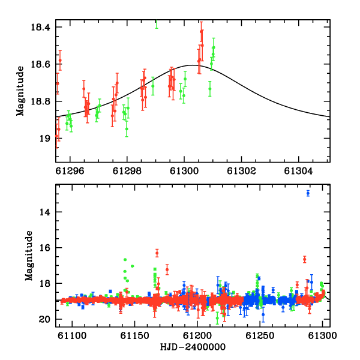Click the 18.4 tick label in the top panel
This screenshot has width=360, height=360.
pos(40,27)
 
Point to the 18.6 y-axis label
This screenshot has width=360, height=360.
pos(40,64)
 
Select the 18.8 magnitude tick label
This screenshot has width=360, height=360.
pos(40,101)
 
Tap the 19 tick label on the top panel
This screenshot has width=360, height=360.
pos(44,139)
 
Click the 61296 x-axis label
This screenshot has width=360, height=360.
pos(70,171)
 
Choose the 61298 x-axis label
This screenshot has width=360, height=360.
pos(127,171)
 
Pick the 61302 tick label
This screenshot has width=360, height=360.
pos(241,171)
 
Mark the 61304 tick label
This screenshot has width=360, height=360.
pos(298,171)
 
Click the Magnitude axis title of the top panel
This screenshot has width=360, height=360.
pos(20,91)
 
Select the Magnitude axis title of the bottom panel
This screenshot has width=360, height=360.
pos(29,256)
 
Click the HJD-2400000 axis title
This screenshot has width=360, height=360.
pos(193,347)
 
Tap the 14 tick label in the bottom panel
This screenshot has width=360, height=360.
pos(44,212)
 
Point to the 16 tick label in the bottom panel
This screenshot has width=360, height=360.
pos(44,248)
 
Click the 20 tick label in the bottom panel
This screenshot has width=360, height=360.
pos(44,319)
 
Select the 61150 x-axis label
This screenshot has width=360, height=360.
pos(135,335)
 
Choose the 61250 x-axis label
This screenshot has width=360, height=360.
pos(260,335)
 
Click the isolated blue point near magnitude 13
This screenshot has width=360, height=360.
pos(308,193)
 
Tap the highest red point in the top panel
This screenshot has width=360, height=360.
pos(202,31)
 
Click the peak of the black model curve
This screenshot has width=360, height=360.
pos(193,65)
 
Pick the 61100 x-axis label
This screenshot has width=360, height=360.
pos(72,335)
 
